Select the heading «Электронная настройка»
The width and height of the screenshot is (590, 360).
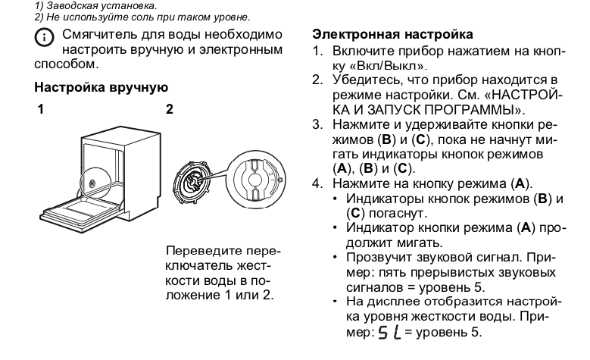[393, 35]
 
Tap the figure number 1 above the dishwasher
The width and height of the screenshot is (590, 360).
[39, 110]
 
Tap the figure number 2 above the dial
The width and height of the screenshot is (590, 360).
[170, 110]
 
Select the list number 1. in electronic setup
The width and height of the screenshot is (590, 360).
[319, 52]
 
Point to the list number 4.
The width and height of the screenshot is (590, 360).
[319, 183]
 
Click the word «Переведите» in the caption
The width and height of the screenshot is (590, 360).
[201, 251]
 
